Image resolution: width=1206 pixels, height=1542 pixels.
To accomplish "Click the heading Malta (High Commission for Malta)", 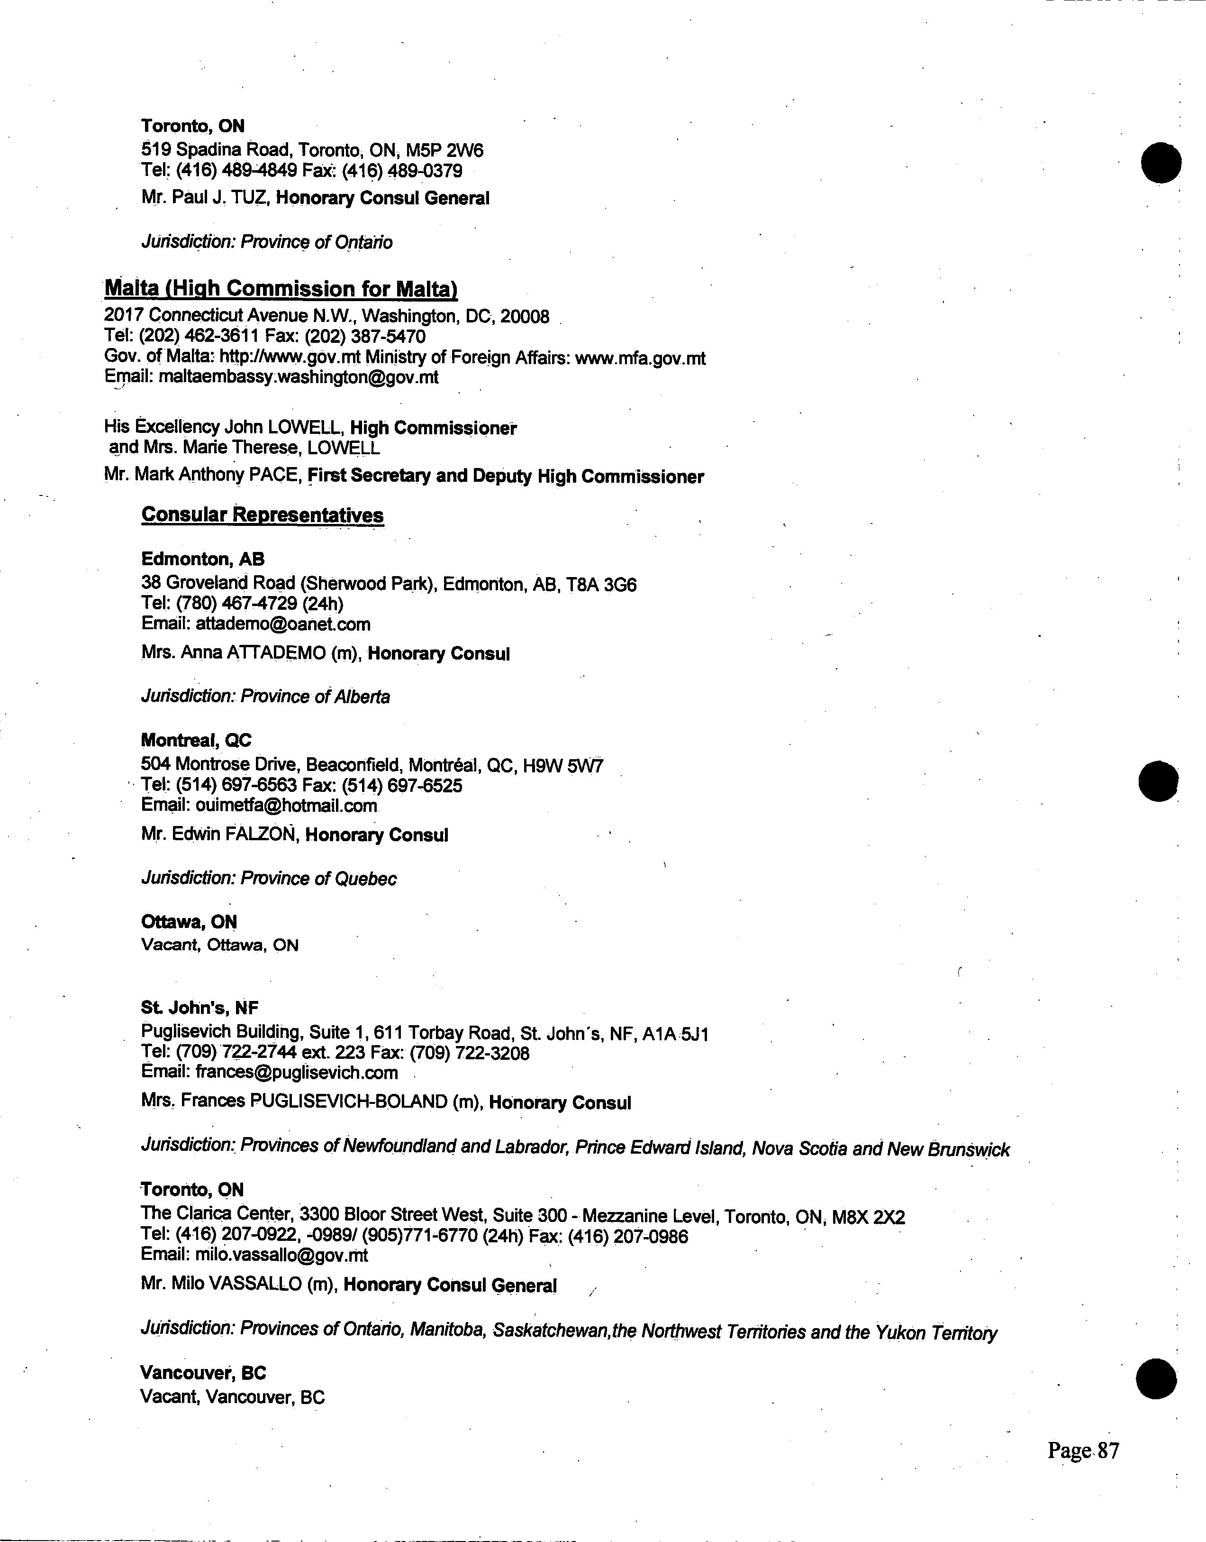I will point(281,289).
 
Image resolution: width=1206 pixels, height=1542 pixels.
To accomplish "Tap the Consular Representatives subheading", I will point(263,515).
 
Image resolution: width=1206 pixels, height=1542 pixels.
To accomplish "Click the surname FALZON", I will point(259,835).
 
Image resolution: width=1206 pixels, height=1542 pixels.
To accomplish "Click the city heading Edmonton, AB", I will point(203,560).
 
